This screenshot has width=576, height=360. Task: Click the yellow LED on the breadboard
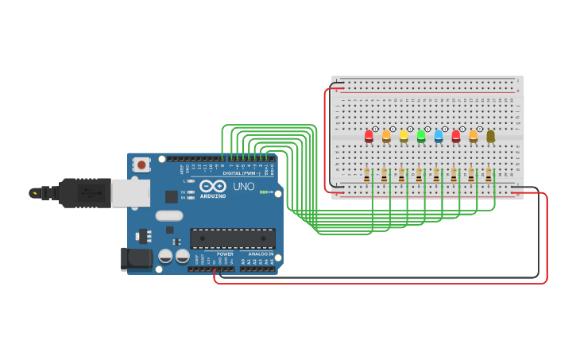click(404, 136)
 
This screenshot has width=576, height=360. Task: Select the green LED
click(421, 136)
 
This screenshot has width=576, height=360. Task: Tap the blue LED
click(439, 136)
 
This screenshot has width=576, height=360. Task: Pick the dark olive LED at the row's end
click(491, 136)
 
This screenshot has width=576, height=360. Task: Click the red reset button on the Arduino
click(141, 165)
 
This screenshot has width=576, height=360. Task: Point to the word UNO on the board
click(243, 186)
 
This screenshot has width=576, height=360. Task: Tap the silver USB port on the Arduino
click(130, 193)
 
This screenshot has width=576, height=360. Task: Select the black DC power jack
click(136, 258)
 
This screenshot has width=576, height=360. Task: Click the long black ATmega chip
click(233, 238)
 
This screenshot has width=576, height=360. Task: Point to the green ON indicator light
click(263, 192)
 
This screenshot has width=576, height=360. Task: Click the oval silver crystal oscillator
click(169, 215)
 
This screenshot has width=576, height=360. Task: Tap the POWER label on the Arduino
click(225, 254)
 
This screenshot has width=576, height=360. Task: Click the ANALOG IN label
click(261, 254)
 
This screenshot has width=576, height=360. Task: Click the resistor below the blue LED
click(436, 175)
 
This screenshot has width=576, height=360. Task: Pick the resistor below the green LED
click(419, 175)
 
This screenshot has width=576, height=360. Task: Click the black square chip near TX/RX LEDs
click(172, 196)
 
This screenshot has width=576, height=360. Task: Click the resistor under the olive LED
click(489, 175)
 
